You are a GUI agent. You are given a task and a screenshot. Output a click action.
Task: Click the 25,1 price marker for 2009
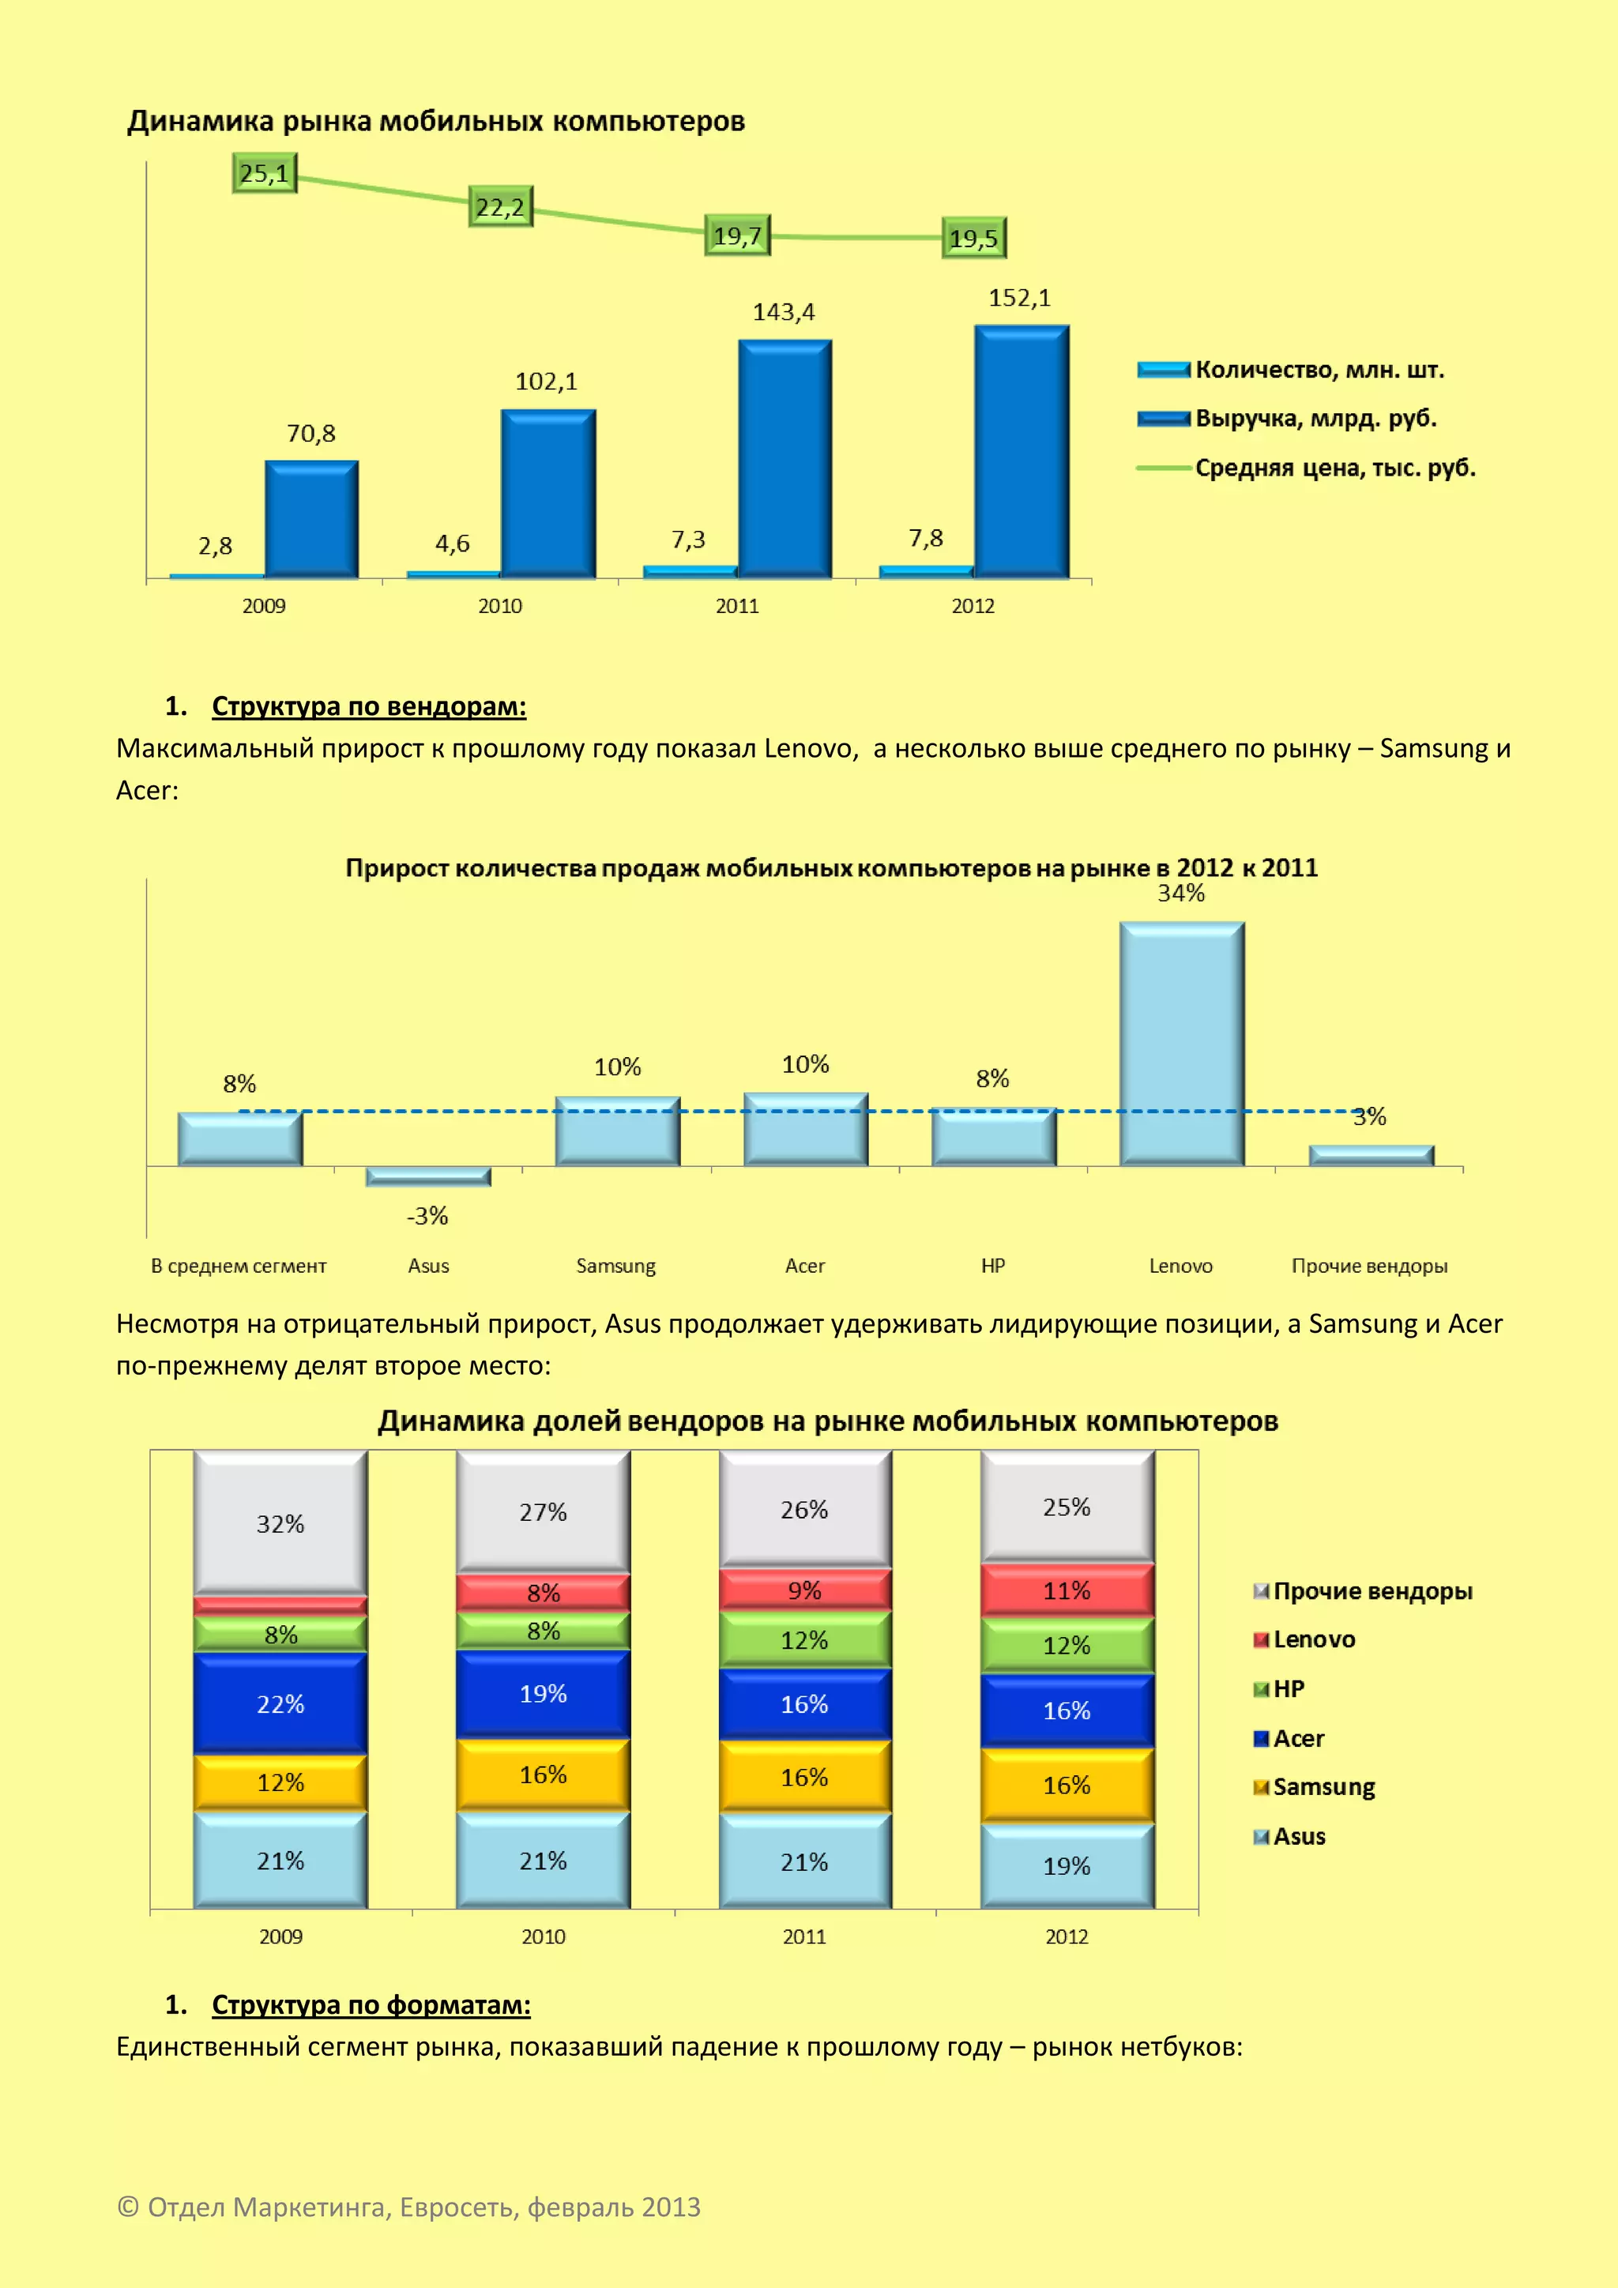pyautogui.click(x=264, y=173)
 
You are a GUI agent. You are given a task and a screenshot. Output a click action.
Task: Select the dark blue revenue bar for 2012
pyautogui.click(x=1022, y=453)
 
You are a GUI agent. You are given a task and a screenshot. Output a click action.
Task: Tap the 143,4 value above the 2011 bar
pyautogui.click(x=783, y=313)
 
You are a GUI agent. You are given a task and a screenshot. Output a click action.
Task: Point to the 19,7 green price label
pyautogui.click(x=737, y=236)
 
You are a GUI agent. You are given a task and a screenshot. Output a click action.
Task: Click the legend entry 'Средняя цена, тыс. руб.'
pyautogui.click(x=1334, y=468)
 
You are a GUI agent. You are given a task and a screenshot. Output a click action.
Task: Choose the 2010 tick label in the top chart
pyautogui.click(x=500, y=606)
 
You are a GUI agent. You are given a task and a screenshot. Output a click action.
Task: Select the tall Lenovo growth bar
pyautogui.click(x=1182, y=1044)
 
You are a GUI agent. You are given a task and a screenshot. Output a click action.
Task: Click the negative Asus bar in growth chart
pyautogui.click(x=428, y=1176)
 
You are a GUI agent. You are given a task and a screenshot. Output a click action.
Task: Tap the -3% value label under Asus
pyautogui.click(x=427, y=1216)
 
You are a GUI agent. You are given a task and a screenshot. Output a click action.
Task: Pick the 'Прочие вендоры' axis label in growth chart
pyautogui.click(x=1369, y=1266)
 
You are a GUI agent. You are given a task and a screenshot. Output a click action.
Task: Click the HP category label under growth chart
pyautogui.click(x=993, y=1266)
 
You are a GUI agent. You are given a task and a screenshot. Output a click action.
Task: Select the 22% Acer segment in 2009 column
pyautogui.click(x=281, y=1704)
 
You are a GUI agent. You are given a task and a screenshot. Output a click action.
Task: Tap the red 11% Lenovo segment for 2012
pyautogui.click(x=1067, y=1591)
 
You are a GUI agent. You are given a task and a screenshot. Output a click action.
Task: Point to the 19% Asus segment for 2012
pyautogui.click(x=1067, y=1865)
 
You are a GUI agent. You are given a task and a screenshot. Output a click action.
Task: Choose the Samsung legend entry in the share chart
pyautogui.click(x=1323, y=1788)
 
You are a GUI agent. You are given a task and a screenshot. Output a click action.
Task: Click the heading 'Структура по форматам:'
pyautogui.click(x=371, y=2005)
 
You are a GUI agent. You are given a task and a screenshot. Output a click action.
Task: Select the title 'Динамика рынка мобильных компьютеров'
pyautogui.click(x=436, y=122)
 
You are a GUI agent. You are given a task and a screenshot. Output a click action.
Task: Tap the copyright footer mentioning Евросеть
pyautogui.click(x=409, y=2207)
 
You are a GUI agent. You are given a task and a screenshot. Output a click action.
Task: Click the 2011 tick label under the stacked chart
pyautogui.click(x=805, y=1936)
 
